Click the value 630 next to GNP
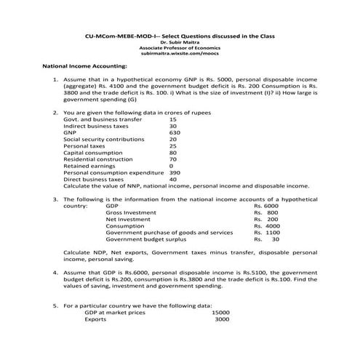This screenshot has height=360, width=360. click(174, 132)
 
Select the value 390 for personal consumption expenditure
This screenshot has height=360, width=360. click(175, 172)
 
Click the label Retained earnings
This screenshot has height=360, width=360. click(89, 166)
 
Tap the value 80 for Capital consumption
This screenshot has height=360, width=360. click(173, 153)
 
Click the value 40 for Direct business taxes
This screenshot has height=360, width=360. click(173, 179)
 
